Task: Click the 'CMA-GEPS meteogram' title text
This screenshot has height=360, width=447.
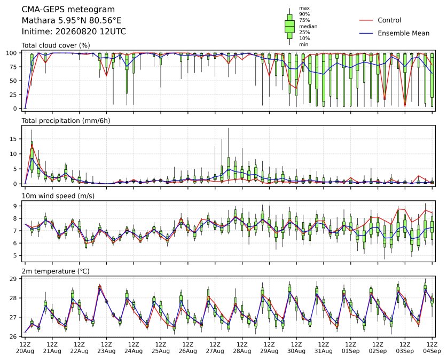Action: coord(68,10)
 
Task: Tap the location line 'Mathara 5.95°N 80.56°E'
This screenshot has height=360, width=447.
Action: coord(72,20)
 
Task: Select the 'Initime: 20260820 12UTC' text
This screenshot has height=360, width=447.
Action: coord(74,32)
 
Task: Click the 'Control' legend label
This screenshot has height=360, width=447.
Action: coord(389,20)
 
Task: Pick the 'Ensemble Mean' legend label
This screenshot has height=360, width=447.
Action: coord(403,33)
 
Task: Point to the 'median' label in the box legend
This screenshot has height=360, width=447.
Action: coord(308,26)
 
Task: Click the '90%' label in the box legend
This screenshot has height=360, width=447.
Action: coord(304,14)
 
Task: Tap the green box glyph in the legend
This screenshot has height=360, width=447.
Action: coord(289,27)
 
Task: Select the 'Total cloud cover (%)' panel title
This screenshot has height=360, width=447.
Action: coord(56,45)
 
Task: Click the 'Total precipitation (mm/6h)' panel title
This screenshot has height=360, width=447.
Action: coord(66,121)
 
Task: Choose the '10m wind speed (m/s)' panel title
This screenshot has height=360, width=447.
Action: coord(58,196)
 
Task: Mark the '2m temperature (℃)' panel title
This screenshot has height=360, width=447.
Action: coord(56,271)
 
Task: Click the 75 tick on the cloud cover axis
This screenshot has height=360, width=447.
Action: coord(14,67)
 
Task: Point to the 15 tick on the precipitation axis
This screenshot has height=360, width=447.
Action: coord(14,139)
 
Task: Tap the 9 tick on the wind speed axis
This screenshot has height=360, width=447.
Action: coord(15,206)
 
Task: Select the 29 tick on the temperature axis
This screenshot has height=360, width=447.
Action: coord(14,279)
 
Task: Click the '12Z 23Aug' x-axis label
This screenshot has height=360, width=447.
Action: coord(106,348)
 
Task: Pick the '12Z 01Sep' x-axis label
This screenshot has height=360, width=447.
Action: coord(351,348)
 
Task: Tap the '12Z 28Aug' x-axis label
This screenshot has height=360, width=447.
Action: coord(242,348)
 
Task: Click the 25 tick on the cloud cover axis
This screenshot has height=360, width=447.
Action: coord(14,95)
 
